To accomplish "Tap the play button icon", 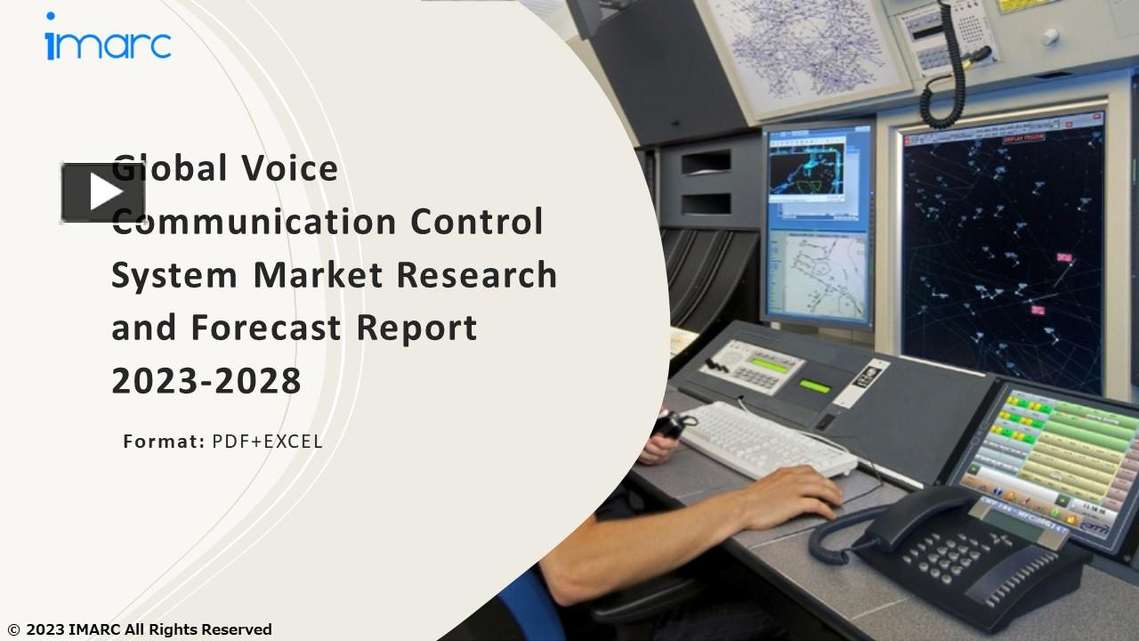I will click(x=102, y=192).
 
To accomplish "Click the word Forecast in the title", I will click(x=267, y=328).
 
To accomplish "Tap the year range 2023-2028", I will click(x=206, y=381).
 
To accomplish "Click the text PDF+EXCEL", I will click(x=267, y=441).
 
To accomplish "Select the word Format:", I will click(x=164, y=441).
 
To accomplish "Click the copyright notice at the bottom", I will click(x=140, y=629).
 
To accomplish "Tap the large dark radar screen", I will click(x=1001, y=254).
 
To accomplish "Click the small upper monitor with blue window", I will click(x=818, y=175).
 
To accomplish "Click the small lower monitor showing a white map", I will click(x=817, y=276).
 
